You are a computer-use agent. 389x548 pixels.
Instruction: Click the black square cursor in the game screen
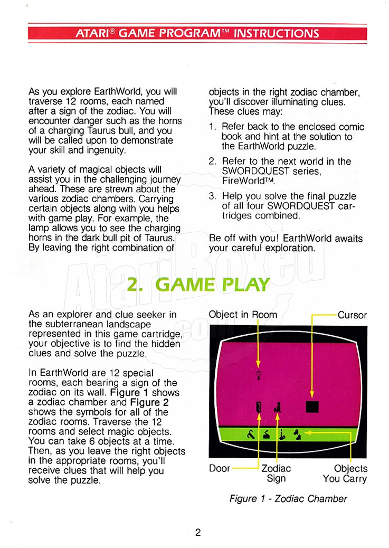coord(312,407)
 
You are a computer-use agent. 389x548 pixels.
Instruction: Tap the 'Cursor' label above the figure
coord(352,315)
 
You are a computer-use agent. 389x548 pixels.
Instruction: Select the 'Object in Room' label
coord(243,315)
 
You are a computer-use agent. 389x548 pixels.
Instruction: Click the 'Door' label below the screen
coord(220,468)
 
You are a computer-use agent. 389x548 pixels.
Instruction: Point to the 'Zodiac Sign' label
coord(276,473)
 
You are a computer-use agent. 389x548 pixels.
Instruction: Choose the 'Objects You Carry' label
coord(345,473)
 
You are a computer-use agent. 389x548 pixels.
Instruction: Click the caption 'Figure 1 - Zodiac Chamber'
coord(288,498)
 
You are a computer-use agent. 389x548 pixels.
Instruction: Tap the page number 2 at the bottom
coord(198,532)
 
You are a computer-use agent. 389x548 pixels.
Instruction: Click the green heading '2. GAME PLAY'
coord(198,285)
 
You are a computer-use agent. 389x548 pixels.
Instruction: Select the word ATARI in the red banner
coord(92,33)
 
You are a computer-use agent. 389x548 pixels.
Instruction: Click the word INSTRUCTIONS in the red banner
coord(276,33)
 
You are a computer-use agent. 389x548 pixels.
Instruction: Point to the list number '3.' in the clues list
coord(213,196)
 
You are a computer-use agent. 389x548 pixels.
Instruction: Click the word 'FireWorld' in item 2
coord(243,181)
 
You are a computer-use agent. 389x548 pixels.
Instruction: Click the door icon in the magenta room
coord(258,407)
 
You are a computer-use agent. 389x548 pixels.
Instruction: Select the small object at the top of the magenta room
coord(258,374)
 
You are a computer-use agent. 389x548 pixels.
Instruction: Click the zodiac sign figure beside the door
coord(278,407)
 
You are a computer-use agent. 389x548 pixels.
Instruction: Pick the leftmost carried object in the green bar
coord(251,434)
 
